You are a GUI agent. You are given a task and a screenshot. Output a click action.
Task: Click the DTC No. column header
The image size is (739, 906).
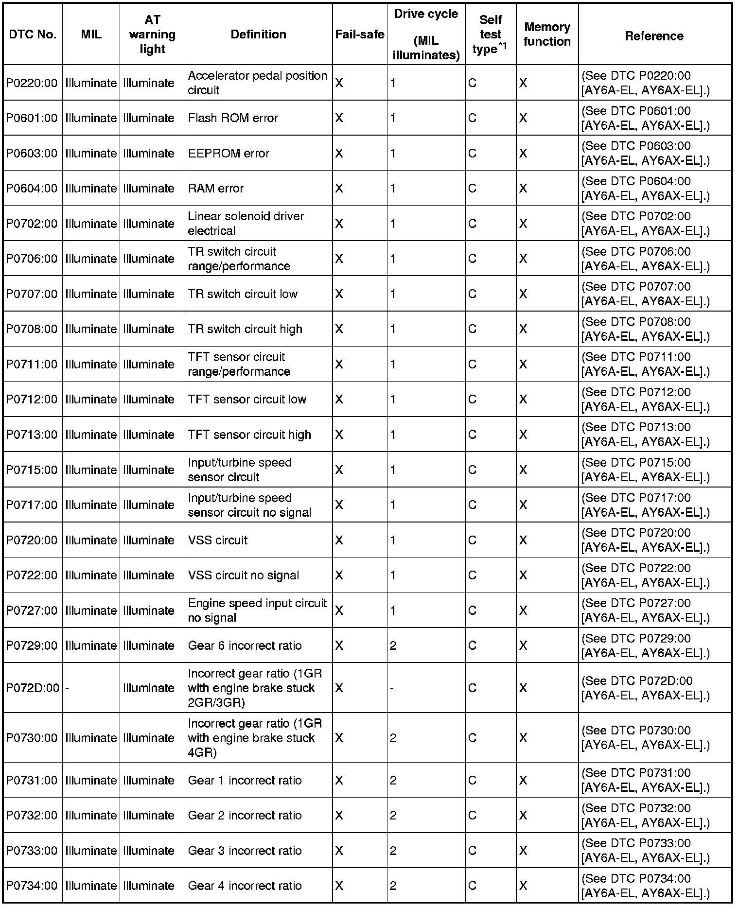pos(32,35)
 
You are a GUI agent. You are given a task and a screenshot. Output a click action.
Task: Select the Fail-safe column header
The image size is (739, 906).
pos(359,35)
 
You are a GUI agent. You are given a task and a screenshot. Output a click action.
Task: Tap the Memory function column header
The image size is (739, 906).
pos(547,35)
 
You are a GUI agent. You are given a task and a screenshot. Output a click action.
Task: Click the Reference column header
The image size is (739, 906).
pos(654,36)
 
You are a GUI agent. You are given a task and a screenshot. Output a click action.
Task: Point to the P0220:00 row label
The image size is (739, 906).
pos(32,83)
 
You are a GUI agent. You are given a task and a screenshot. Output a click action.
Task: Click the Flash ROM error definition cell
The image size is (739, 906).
pos(233,118)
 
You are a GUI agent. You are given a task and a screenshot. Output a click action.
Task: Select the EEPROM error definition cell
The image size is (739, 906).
pos(229,154)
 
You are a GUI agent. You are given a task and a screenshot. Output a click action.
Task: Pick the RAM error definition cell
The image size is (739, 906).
pos(216,189)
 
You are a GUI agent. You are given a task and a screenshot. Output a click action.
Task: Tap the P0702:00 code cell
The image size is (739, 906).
pos(32,224)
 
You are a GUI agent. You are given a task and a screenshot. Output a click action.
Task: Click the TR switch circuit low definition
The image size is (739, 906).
pos(243,294)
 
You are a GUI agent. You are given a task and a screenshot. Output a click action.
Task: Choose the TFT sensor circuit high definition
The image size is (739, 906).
pos(249,435)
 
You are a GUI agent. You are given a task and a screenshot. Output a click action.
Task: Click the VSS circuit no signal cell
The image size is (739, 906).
pos(243,575)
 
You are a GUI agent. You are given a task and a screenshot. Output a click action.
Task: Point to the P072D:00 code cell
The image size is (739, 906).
pos(33,688)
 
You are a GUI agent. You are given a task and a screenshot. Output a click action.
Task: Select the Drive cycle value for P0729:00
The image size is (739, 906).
pos(393,646)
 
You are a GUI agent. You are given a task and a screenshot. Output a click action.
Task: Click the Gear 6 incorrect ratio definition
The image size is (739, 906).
pos(245,646)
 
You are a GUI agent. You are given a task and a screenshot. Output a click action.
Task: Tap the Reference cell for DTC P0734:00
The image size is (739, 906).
pos(645,886)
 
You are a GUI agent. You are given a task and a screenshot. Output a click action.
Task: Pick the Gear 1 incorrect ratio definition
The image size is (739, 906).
pos(245,781)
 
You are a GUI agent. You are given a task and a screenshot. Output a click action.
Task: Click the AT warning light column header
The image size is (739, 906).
pos(152,35)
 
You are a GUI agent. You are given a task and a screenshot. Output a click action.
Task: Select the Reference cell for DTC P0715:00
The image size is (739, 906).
pos(645,470)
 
